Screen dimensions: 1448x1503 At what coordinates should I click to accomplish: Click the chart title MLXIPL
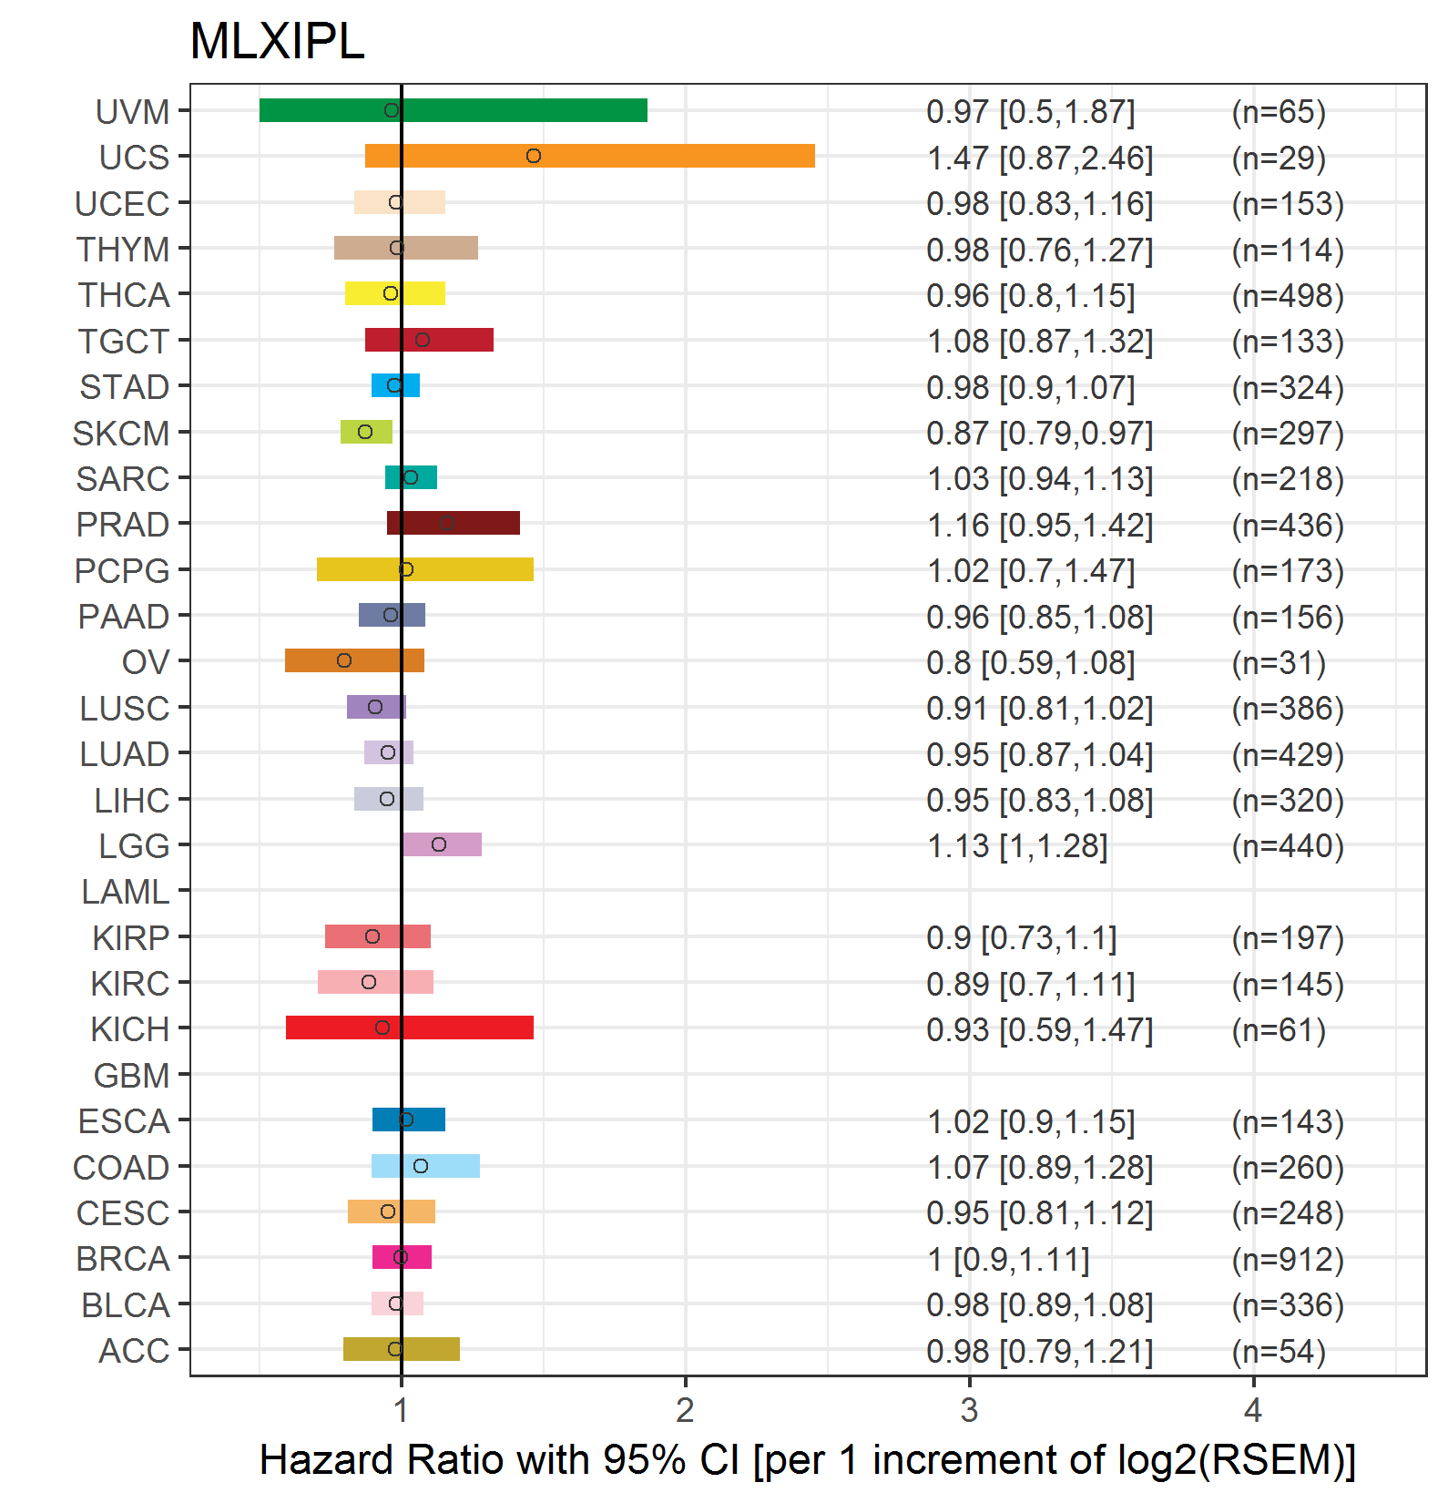coord(277,41)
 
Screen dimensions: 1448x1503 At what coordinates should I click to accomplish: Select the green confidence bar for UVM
coord(454,110)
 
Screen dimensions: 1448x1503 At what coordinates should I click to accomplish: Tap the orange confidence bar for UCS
coord(590,156)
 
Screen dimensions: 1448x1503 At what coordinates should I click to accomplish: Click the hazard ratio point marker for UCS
coord(534,156)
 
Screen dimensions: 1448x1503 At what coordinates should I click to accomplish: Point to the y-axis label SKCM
coord(121,434)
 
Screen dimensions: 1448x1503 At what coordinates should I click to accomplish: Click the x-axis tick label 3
coord(969,1410)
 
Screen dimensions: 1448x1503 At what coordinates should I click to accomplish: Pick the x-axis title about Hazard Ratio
coord(808,1459)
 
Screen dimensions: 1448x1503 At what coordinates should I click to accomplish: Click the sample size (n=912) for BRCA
coord(1288,1259)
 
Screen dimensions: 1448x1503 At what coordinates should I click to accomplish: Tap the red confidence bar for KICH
coord(410,1028)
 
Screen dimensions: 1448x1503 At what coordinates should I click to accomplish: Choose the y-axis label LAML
coord(126,892)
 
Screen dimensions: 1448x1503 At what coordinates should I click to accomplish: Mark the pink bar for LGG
coord(442,844)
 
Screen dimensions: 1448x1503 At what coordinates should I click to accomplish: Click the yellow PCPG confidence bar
coord(425,569)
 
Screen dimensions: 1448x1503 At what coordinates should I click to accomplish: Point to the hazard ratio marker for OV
coord(344,660)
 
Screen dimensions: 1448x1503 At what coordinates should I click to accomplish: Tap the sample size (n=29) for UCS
coord(1279,158)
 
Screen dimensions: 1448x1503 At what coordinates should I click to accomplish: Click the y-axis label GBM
coord(132,1076)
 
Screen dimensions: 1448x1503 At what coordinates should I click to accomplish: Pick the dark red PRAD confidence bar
coord(454,523)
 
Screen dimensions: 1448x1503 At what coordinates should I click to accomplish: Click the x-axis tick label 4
coord(1253,1410)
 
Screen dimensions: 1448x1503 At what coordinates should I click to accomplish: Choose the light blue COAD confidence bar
coord(425,1166)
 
